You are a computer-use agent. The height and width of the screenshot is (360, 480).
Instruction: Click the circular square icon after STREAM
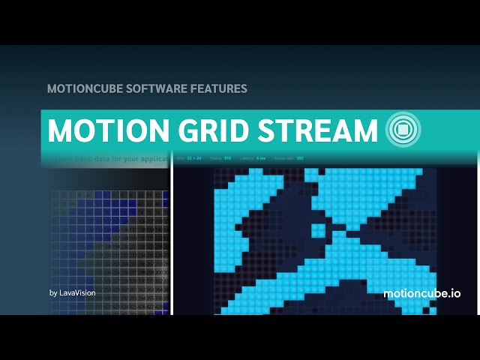coord(403,130)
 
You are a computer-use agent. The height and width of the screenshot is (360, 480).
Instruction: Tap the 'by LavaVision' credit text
coord(72,292)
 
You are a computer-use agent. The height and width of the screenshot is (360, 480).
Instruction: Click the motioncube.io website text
coord(421,293)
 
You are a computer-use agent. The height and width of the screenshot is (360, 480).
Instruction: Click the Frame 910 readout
coord(221,158)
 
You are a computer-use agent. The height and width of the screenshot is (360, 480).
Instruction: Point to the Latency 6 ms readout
coord(252,158)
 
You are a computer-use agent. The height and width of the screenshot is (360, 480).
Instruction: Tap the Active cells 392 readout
coord(289,158)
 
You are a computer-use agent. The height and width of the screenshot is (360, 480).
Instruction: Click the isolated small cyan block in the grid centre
coord(318,229)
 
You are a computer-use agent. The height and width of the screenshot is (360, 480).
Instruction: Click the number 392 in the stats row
coord(300,158)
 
